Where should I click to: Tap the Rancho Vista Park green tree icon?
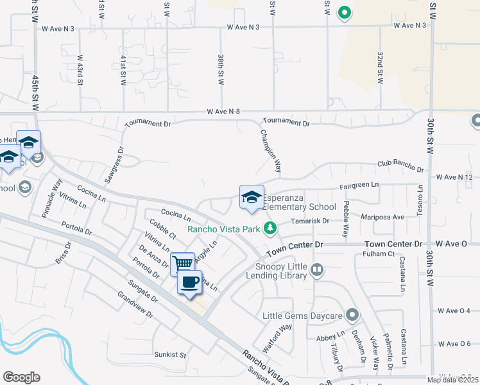pos(271,228)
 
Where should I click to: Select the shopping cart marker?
pos(183,263)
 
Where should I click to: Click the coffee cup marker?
pos(189,282)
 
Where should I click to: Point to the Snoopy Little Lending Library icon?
pos(316,270)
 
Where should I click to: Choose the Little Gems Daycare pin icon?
pos(352,315)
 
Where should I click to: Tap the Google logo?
pos(21,377)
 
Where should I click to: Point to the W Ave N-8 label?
pos(223,112)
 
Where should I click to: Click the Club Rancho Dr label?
pos(401,167)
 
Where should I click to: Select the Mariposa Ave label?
pos(383,217)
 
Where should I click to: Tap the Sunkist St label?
pos(169,354)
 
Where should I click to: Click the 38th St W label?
pos(220,69)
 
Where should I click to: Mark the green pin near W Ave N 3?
pos(344,12)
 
